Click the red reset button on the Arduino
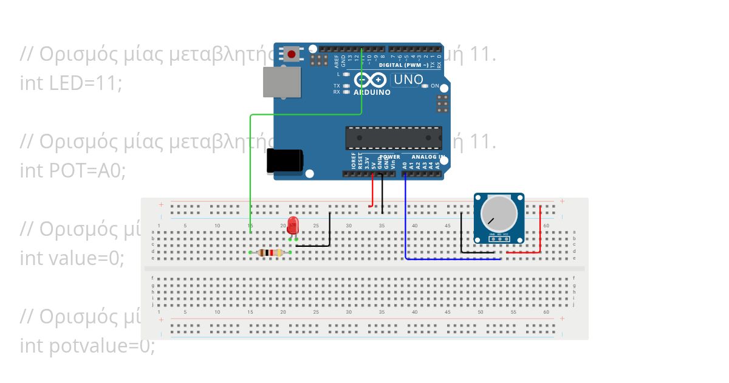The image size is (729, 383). click(292, 55)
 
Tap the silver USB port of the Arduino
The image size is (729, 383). click(282, 82)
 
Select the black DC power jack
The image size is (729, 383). click(284, 161)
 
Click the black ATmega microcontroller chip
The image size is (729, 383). click(394, 138)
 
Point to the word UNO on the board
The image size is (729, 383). click(408, 80)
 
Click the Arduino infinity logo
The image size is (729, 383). click(371, 80)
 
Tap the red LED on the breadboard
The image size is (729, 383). click(293, 226)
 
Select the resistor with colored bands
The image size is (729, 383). click(270, 252)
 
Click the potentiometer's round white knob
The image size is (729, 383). click(499, 213)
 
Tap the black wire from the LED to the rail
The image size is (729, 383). click(329, 231)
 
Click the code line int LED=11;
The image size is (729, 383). click(71, 83)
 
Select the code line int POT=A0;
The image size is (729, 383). click(73, 171)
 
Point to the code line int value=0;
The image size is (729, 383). click(72, 258)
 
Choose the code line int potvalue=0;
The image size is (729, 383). click(87, 346)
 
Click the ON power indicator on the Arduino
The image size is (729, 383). click(425, 86)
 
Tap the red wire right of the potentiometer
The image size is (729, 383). click(540, 228)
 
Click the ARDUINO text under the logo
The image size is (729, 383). click(372, 92)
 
